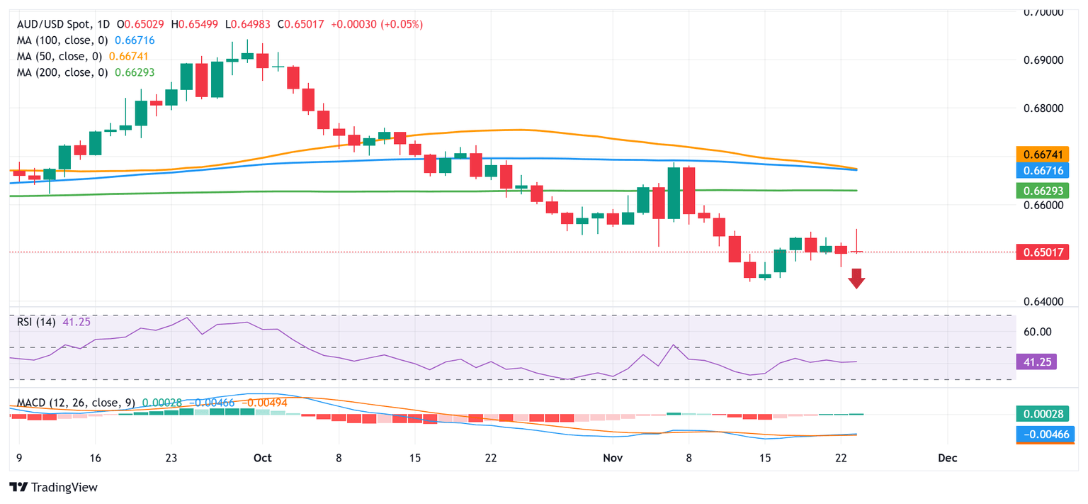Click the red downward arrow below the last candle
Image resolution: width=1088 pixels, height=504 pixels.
(x=857, y=279)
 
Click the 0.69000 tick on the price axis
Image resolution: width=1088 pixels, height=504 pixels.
(x=1045, y=60)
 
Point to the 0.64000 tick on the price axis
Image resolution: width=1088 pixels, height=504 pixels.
(x=1045, y=302)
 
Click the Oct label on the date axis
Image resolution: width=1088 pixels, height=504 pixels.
(x=263, y=458)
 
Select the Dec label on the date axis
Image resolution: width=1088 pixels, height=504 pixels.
(x=947, y=458)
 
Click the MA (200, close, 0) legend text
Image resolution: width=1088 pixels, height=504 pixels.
(x=59, y=72)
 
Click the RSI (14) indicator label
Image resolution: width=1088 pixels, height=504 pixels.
(x=37, y=322)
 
